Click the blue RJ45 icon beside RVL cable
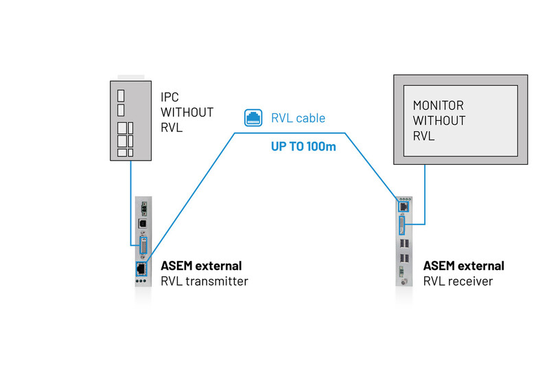(x=253, y=117)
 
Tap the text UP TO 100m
(x=303, y=146)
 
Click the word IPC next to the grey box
(x=170, y=98)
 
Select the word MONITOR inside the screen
(x=439, y=106)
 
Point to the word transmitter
(x=213, y=281)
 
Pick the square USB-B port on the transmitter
(x=143, y=223)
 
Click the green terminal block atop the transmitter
(x=143, y=206)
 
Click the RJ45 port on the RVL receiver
(x=403, y=205)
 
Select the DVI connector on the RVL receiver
(x=403, y=225)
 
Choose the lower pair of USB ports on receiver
(x=404, y=260)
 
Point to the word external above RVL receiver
(x=480, y=266)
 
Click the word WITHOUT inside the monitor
(x=439, y=121)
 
